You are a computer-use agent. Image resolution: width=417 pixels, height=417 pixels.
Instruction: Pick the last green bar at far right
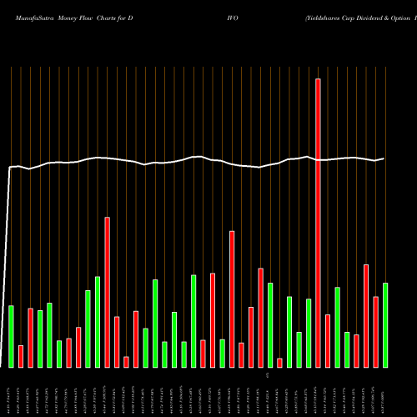385,325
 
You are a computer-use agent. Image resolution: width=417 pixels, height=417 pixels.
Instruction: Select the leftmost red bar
21,356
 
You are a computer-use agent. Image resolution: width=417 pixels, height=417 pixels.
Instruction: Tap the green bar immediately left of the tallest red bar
309,333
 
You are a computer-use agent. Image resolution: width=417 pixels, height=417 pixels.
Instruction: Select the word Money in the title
70,18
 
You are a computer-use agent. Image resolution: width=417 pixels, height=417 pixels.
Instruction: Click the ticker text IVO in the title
231,18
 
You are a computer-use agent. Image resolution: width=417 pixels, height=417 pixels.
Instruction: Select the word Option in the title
401,18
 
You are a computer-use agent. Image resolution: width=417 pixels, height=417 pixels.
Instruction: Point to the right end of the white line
384,158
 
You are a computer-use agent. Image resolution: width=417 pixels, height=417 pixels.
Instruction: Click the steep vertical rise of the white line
8,267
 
